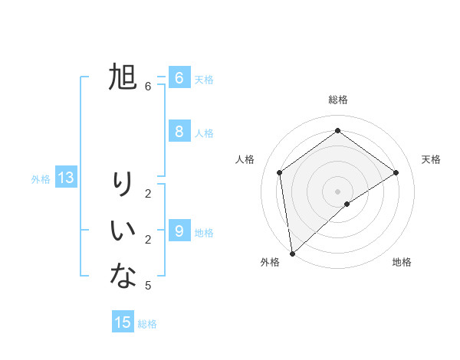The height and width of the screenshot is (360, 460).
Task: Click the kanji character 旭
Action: (x=123, y=77)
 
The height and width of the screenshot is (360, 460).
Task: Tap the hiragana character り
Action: (x=123, y=184)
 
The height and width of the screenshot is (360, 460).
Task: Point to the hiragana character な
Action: (x=123, y=276)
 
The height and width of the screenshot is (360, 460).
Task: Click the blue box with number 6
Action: (x=179, y=77)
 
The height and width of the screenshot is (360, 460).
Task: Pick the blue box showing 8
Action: (x=179, y=131)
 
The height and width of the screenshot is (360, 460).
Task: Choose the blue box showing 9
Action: (x=179, y=230)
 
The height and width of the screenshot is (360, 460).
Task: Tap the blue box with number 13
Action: (x=66, y=178)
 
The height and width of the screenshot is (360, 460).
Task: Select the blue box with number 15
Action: (x=123, y=322)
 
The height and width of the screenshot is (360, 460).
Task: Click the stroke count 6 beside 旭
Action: (x=148, y=87)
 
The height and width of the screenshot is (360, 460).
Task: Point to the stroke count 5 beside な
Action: (x=148, y=286)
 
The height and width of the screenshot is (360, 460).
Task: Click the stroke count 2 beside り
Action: (x=148, y=193)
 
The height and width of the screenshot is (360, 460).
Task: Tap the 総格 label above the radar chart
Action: (x=337, y=100)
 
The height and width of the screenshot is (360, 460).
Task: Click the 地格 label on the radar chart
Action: (x=402, y=262)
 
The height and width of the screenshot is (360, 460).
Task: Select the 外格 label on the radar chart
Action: (x=270, y=262)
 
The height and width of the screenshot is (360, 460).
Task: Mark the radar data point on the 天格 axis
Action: (x=396, y=172)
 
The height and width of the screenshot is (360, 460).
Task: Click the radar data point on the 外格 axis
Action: (x=292, y=253)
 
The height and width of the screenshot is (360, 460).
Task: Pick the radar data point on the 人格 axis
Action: (x=280, y=172)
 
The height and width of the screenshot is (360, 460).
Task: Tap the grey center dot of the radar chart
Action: (x=337, y=191)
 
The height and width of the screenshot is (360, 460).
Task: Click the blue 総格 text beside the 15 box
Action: (x=147, y=324)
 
